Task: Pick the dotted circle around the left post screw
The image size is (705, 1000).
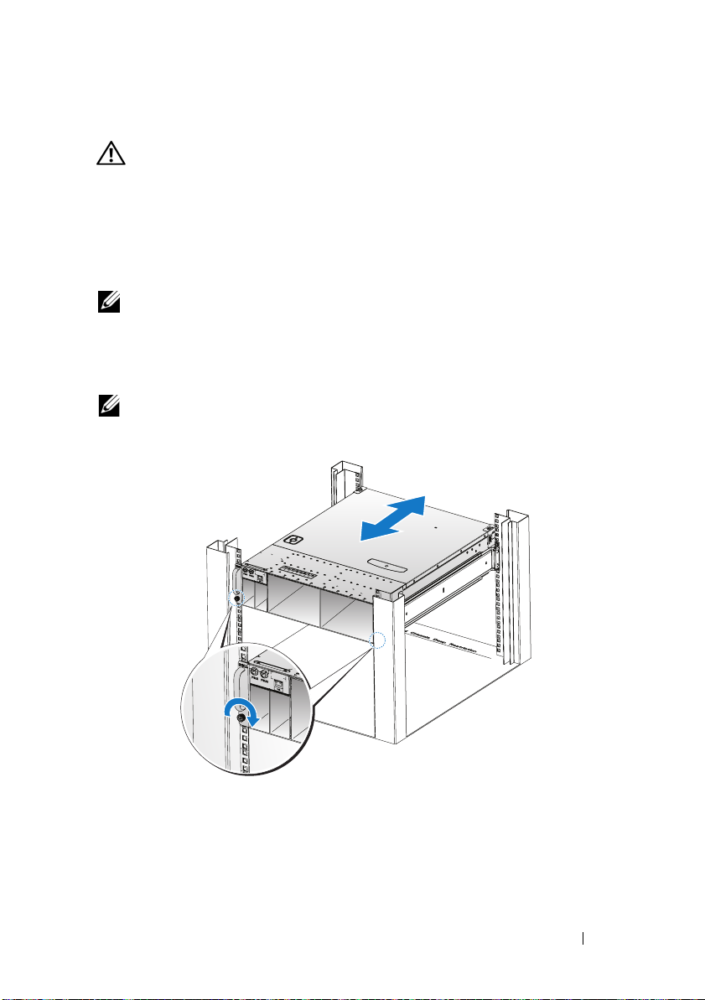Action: pos(238,601)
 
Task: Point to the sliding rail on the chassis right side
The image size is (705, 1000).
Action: pos(453,591)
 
